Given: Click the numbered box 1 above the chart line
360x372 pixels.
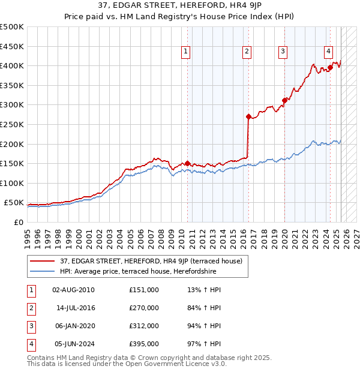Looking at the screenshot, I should pos(186,52).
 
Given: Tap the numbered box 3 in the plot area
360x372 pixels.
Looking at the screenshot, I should pos(282,52).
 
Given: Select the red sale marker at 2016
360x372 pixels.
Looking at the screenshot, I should pos(248,116).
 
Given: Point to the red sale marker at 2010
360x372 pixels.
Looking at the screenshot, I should pos(187,163).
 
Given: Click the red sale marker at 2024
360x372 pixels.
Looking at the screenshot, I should pos(330,67).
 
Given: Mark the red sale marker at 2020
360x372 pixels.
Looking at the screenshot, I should pos(284,100).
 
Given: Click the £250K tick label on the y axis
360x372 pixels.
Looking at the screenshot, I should pos(12,124).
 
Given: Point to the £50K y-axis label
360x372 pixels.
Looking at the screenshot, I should pos(14,203).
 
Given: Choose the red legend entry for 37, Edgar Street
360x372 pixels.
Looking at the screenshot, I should pos(151,261).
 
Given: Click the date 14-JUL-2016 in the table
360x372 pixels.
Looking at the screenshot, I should pos(76,308).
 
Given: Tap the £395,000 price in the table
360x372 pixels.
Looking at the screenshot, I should pos(144,344).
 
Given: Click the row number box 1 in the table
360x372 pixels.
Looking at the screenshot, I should pos(31,290).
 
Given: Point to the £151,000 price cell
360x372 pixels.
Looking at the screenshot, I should pos(144,290).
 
